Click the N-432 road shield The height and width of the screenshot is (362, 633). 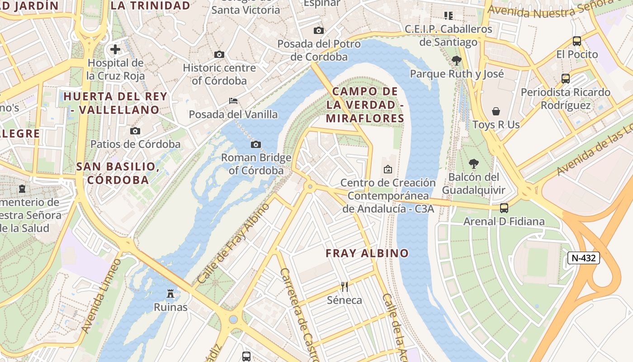pos(583,258)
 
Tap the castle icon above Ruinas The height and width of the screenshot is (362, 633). pos(170,294)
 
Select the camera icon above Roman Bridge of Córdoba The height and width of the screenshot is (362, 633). pos(256,144)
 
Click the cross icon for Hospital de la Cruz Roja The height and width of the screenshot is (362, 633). pos(115,49)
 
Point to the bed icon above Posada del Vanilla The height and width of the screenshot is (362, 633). pos(233,100)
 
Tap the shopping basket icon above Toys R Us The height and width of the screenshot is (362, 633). pos(496,111)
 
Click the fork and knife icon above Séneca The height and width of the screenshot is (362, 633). pos(345,286)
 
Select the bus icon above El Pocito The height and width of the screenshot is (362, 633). pos(577,41)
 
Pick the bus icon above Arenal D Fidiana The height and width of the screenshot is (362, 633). pos(504,208)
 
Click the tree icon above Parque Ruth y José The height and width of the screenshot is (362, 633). pos(457,60)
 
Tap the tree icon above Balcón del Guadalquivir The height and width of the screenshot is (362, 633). pos(473,163)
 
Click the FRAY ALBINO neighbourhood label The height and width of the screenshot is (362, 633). pos(367,253)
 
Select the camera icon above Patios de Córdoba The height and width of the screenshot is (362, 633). pos(135,131)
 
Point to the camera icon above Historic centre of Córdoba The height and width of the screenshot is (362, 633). pos(219,54)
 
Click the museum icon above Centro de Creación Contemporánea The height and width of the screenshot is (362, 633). pos(387,169)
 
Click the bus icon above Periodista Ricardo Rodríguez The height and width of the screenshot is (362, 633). pos(565,79)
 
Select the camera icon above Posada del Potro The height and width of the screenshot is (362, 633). pos(319,30)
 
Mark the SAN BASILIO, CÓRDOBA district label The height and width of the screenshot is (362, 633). pos(118,173)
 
